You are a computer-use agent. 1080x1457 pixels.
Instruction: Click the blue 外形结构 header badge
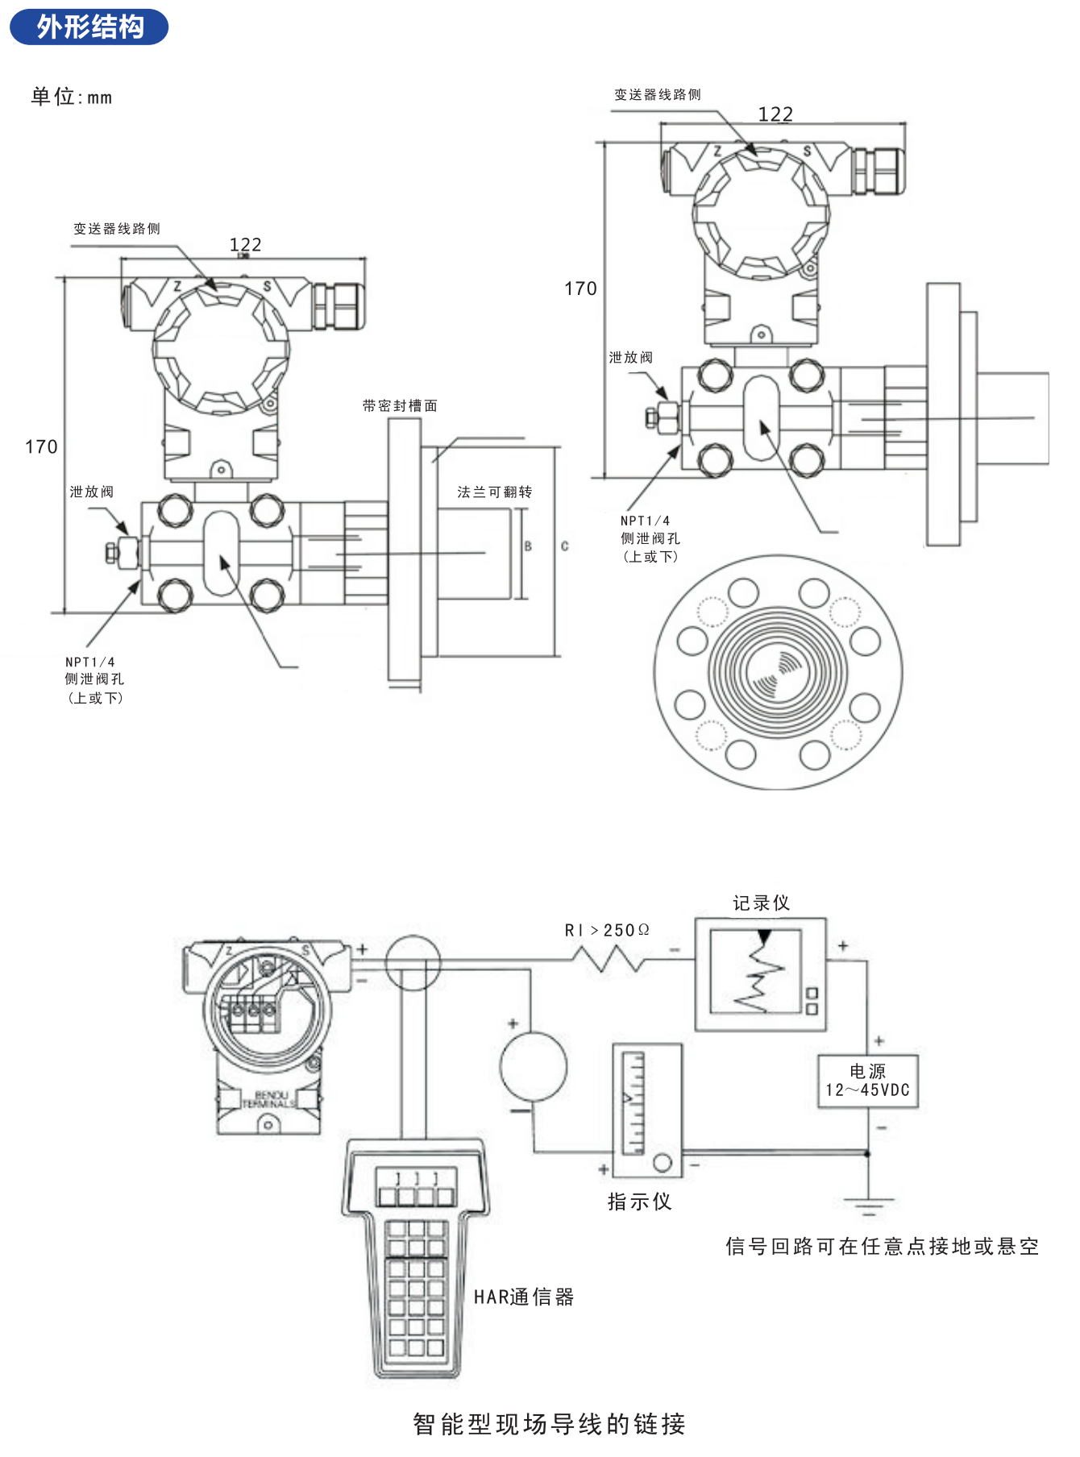(x=89, y=27)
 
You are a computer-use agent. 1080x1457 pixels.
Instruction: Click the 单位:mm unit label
(x=71, y=98)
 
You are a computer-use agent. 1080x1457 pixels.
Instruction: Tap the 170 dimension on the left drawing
(x=41, y=447)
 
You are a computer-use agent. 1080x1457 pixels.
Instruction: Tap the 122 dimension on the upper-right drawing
(x=775, y=114)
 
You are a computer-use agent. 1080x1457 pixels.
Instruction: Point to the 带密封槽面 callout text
(x=400, y=405)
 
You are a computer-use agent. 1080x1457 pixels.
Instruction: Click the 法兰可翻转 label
(x=494, y=492)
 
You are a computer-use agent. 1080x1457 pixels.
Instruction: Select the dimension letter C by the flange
(x=564, y=546)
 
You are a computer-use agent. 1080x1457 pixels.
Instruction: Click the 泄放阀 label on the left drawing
(x=91, y=492)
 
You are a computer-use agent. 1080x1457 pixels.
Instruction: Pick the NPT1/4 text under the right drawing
(x=645, y=521)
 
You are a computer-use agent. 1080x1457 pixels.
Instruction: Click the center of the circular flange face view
(x=777, y=672)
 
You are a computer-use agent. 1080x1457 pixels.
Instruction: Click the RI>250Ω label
(x=606, y=930)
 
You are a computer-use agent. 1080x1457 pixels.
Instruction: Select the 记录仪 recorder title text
(x=761, y=903)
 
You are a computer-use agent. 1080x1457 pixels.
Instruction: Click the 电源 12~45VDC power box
(x=867, y=1081)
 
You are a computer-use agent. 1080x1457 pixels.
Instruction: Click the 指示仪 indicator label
(x=639, y=1202)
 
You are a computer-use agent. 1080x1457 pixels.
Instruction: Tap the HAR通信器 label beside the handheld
(x=524, y=1297)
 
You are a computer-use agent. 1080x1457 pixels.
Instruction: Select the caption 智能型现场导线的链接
(x=549, y=1424)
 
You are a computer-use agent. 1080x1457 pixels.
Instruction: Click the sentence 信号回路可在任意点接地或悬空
(x=882, y=1247)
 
